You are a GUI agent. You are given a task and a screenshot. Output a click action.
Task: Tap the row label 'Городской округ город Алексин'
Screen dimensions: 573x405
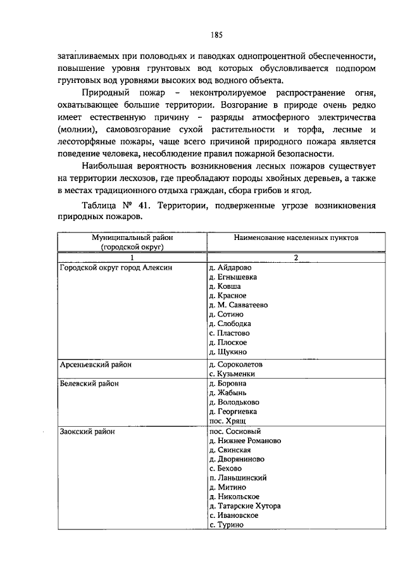pos(116,267)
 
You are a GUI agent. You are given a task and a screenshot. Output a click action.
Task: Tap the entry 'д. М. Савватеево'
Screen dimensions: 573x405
pos(238,305)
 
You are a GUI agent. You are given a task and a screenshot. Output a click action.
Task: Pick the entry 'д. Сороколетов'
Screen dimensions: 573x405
pos(235,365)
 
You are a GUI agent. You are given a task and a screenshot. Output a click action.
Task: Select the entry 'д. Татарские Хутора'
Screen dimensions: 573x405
pos(244,506)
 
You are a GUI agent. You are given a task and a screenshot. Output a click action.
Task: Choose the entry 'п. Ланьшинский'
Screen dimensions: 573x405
pos(237,478)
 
